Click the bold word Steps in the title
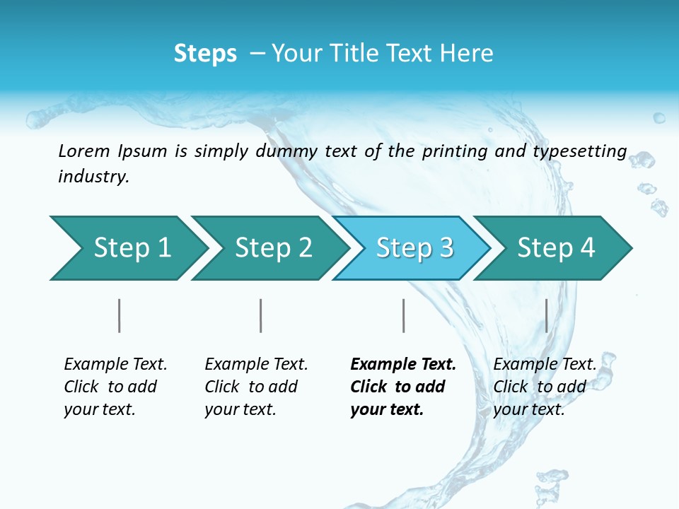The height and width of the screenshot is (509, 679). pyautogui.click(x=205, y=54)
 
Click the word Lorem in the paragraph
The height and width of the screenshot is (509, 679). pyautogui.click(x=84, y=151)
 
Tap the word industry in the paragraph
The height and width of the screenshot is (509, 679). pyautogui.click(x=93, y=177)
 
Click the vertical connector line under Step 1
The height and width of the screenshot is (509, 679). pyautogui.click(x=120, y=315)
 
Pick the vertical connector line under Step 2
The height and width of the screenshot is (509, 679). pyautogui.click(x=261, y=315)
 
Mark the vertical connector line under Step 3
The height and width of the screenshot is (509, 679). pyautogui.click(x=403, y=315)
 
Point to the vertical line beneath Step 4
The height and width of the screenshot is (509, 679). pyautogui.click(x=546, y=315)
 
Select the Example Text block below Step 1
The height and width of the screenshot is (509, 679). pyautogui.click(x=115, y=387)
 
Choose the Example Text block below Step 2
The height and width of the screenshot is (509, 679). pyautogui.click(x=255, y=387)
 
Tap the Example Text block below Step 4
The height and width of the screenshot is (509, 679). pyautogui.click(x=544, y=387)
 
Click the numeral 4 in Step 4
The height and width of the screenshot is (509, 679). pyautogui.click(x=587, y=248)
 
